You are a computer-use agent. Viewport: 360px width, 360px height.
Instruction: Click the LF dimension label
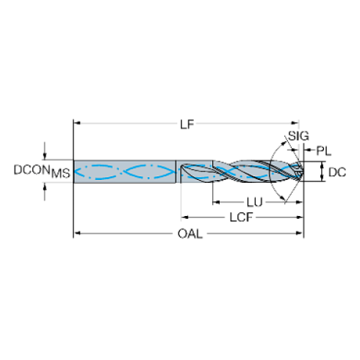click(187, 125)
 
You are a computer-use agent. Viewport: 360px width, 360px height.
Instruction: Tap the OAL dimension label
click(190, 234)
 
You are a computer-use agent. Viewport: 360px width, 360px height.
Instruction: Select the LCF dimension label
click(241, 217)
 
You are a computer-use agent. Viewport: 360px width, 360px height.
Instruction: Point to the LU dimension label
click(254, 203)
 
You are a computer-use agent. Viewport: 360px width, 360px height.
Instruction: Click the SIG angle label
click(298, 136)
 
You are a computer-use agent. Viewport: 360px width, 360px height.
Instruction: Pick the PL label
click(324, 151)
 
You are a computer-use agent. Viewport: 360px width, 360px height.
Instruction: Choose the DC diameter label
click(337, 173)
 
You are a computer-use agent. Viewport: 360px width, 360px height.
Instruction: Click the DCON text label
click(32, 170)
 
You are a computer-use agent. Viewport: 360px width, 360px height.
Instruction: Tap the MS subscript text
click(61, 173)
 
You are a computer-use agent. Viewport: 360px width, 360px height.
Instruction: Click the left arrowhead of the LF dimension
click(77, 123)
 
